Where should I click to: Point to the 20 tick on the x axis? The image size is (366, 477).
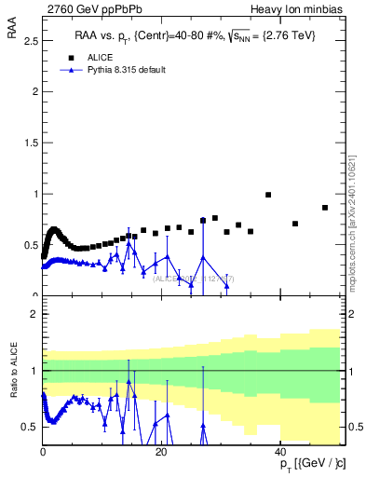coord(162,451)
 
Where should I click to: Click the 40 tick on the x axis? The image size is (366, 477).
coord(281,451)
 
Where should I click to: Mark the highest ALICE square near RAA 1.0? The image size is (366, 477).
coord(268,195)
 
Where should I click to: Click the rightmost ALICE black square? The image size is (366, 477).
coord(325,208)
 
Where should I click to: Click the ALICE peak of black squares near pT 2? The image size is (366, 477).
coord(54,229)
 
